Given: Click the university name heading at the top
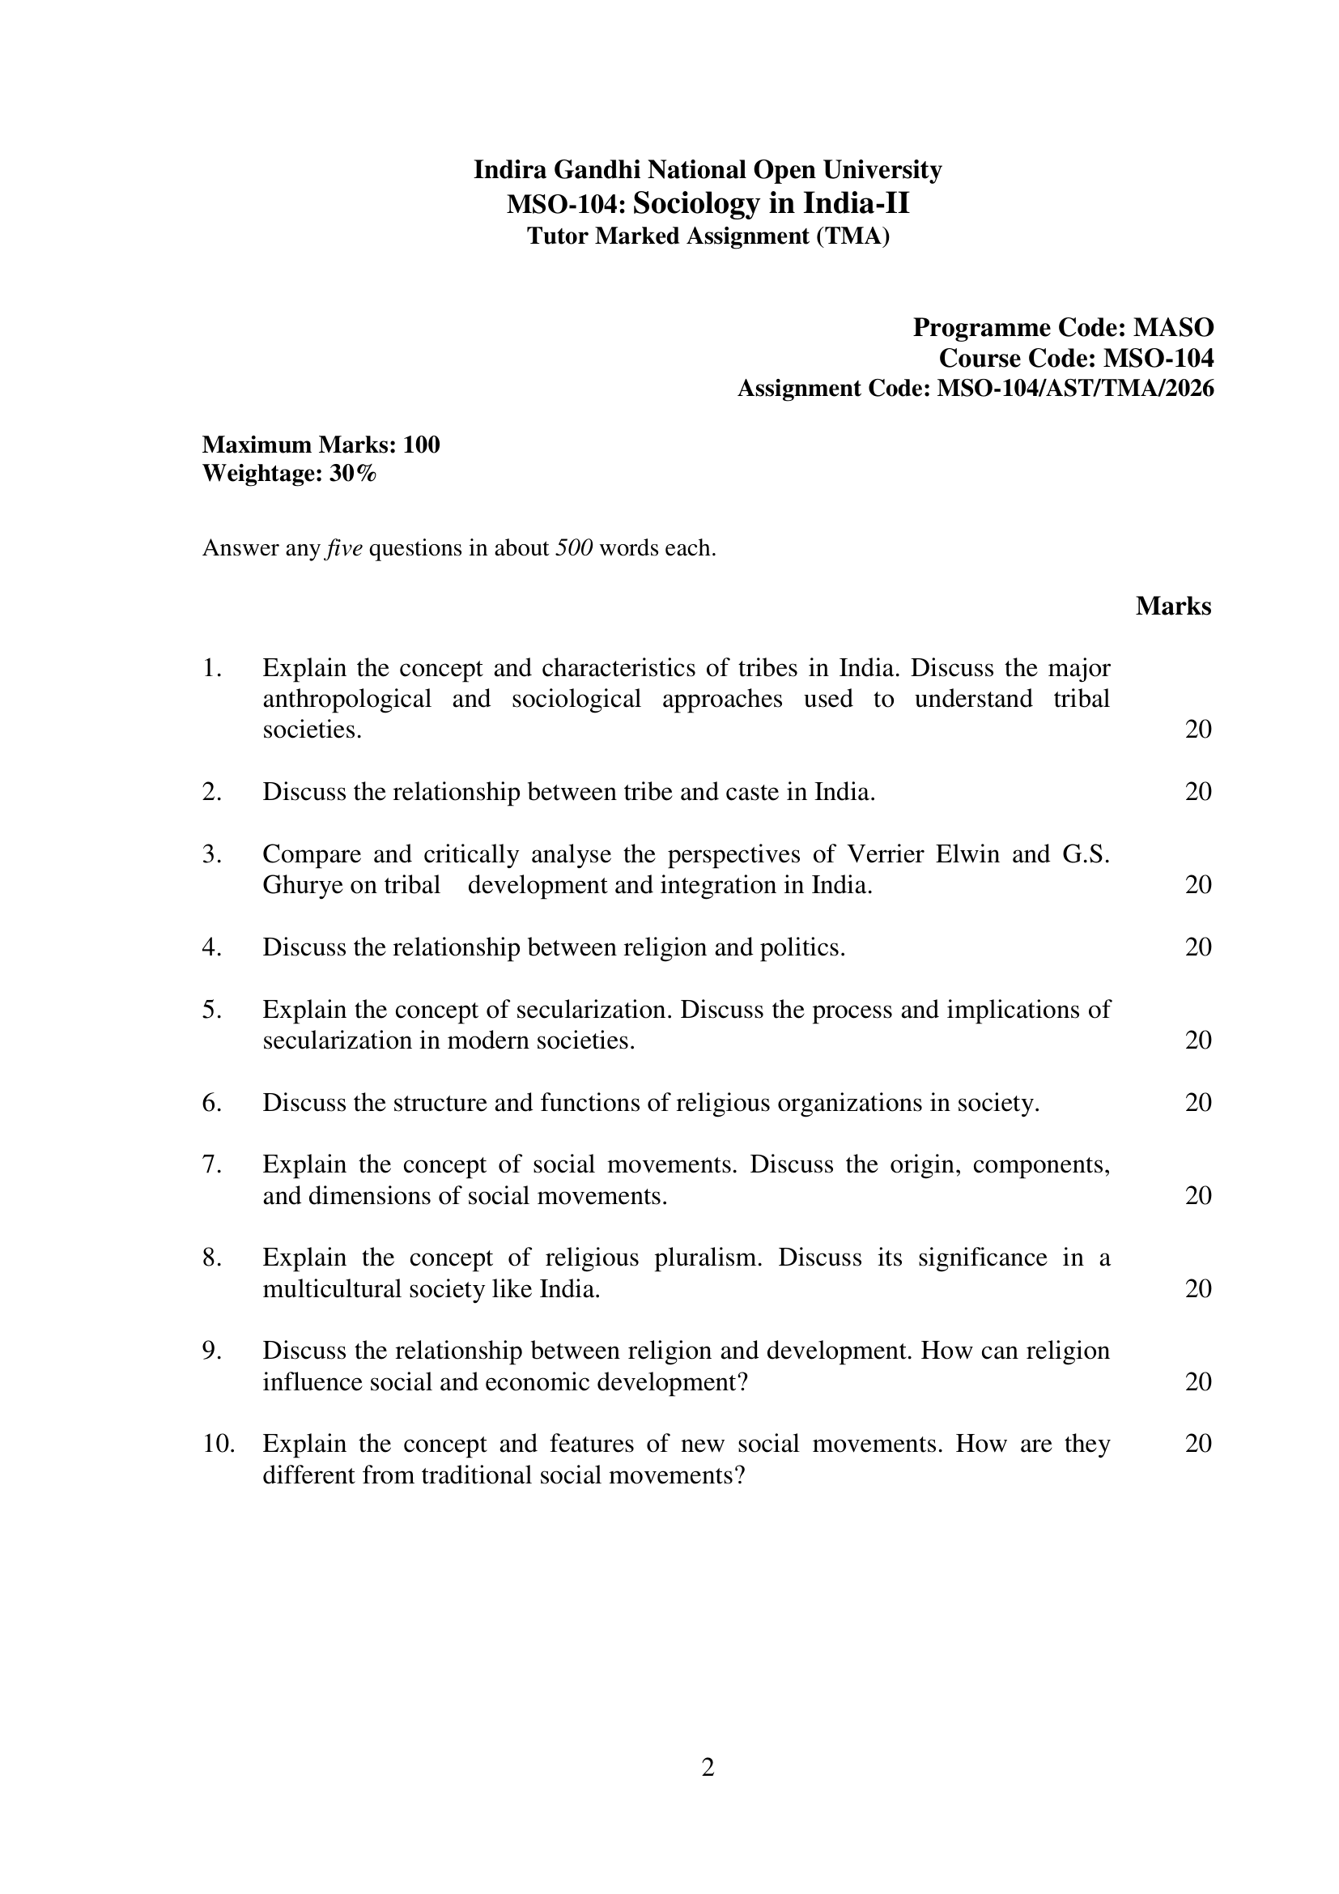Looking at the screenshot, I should pos(708,170).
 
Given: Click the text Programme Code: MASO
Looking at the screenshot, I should pos(1063,327).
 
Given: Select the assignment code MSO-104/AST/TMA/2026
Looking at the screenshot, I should pos(1075,388).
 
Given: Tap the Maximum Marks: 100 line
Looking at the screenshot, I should pos(321,445).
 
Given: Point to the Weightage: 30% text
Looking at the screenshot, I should pos(289,474).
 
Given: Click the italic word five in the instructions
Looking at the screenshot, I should pos(345,548).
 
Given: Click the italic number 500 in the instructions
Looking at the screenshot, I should pos(575,548).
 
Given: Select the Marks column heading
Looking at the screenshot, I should pos(1172,607).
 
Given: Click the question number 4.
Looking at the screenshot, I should pos(211,947).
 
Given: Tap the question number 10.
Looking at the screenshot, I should pos(219,1444).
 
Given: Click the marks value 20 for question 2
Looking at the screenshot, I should pos(1198,792).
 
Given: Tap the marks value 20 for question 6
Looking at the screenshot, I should pos(1198,1102).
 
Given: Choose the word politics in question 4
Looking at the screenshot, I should pos(803,947).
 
